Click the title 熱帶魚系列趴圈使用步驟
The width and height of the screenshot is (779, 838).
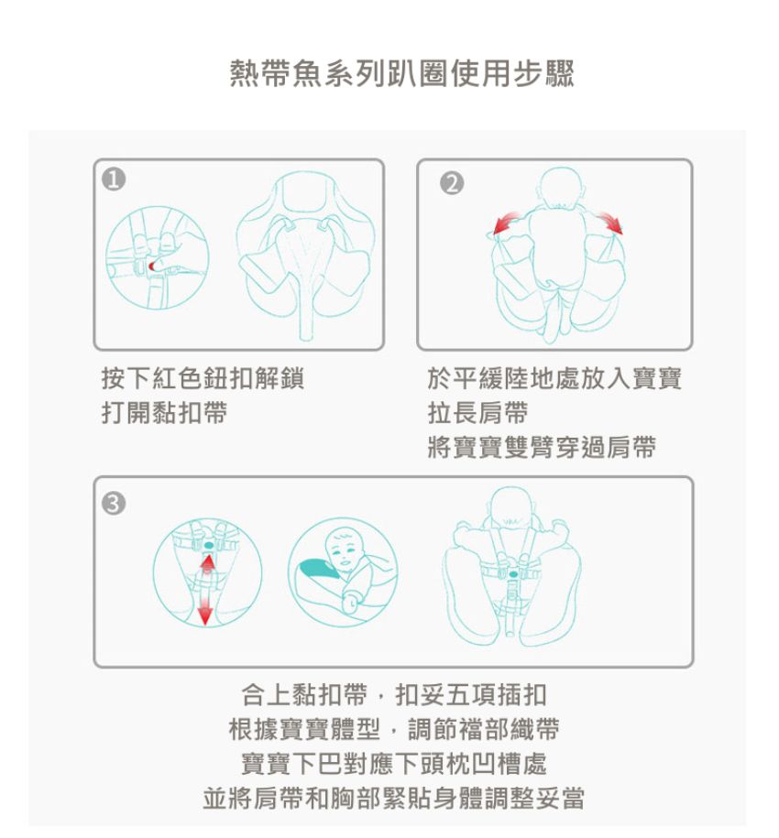click(401, 73)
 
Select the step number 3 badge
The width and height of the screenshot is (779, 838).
click(113, 502)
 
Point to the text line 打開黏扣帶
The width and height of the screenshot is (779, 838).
click(164, 412)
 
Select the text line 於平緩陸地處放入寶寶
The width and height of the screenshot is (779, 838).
click(554, 378)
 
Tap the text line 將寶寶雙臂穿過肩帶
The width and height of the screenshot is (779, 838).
click(542, 447)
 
